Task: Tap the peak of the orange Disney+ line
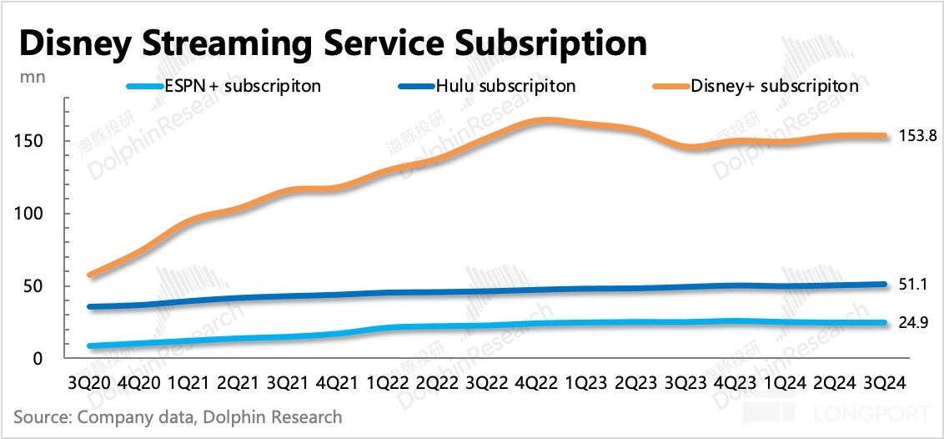click(544, 120)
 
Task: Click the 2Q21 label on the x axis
click(237, 382)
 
